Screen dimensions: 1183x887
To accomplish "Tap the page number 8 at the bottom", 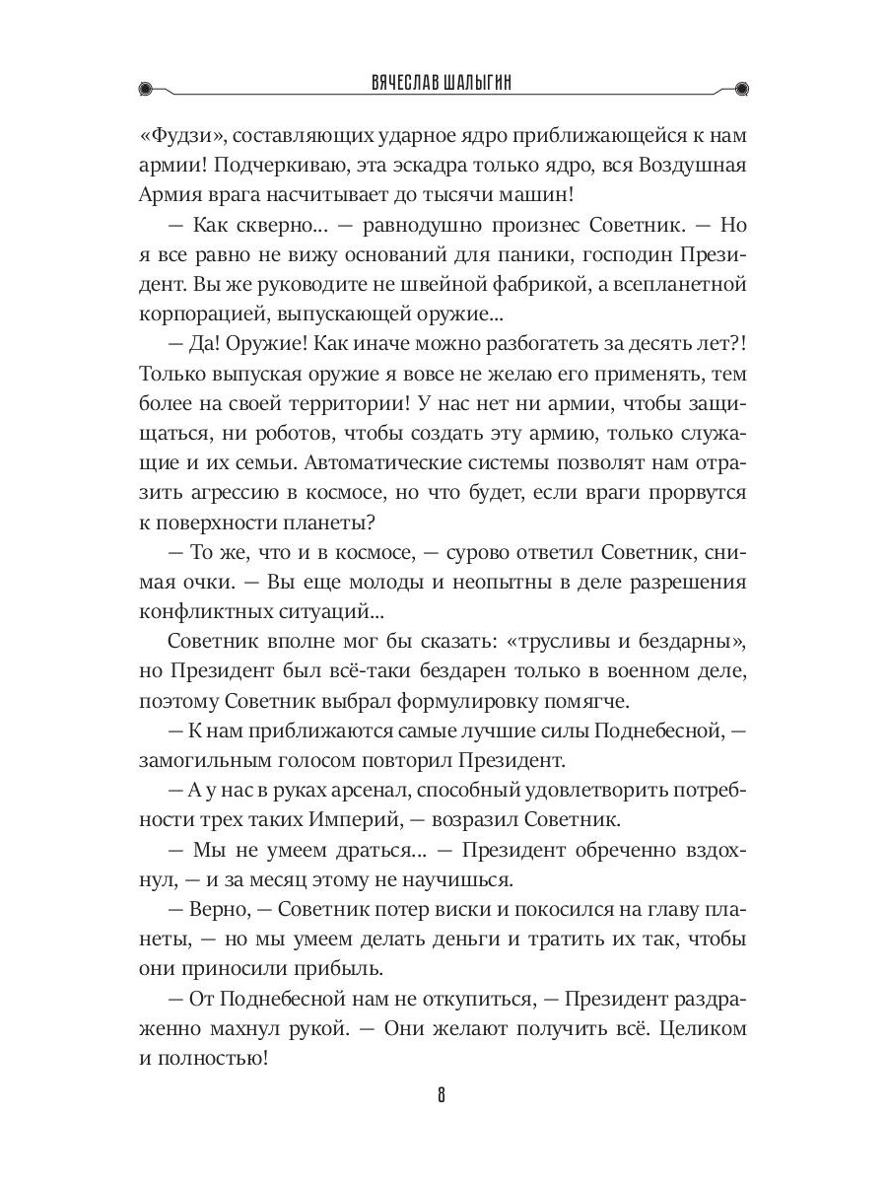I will [x=443, y=1097].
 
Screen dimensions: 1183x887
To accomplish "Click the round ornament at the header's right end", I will [x=741, y=88].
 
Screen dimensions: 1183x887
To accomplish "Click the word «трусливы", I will [x=556, y=641].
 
